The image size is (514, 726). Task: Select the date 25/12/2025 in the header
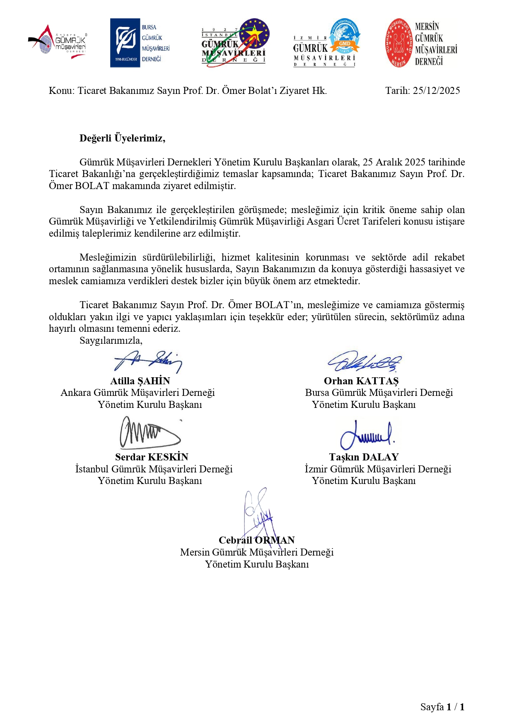pyautogui.click(x=436, y=91)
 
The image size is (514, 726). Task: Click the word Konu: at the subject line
pyautogui.click(x=62, y=91)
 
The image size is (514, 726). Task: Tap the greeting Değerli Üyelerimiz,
pyautogui.click(x=122, y=138)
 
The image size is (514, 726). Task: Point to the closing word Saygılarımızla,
pyautogui.click(x=111, y=340)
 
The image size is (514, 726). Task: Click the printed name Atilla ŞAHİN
pyautogui.click(x=140, y=381)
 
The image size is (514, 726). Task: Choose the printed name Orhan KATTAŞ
pyautogui.click(x=361, y=381)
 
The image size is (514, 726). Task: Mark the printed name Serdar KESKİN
pyautogui.click(x=152, y=457)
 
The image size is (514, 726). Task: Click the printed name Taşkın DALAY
pyautogui.click(x=364, y=457)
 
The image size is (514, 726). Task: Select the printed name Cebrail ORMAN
pyautogui.click(x=257, y=540)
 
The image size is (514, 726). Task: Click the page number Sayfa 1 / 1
pyautogui.click(x=442, y=707)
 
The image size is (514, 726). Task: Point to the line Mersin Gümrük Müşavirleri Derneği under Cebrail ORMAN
pyautogui.click(x=257, y=552)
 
